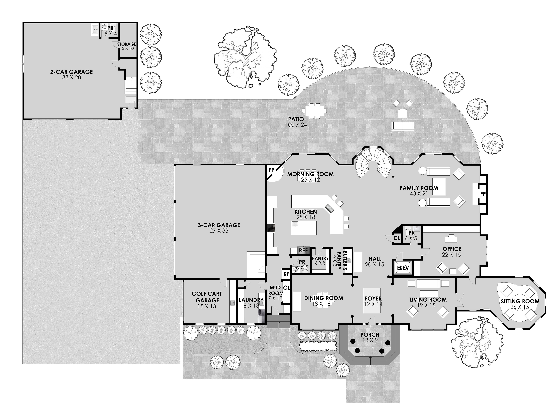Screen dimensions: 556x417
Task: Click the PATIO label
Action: point(296,119)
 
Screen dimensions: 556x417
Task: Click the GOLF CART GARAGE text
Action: point(207,297)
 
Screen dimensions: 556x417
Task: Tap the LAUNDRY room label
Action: point(251,300)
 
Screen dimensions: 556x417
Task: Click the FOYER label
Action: point(373,299)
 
